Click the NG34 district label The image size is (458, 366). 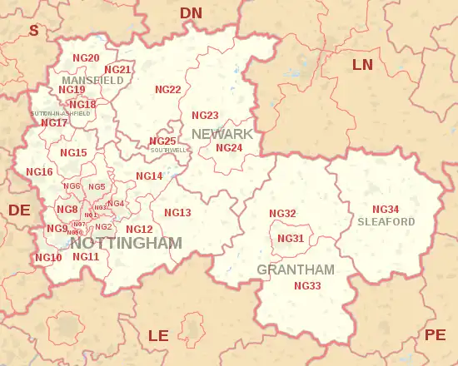pyautogui.click(x=386, y=209)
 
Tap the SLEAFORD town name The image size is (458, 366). pyautogui.click(x=386, y=222)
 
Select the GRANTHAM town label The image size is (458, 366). pyautogui.click(x=296, y=270)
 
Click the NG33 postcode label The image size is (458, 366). pyautogui.click(x=307, y=286)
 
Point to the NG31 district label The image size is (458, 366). pyautogui.click(x=291, y=239)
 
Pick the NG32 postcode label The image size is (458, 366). pyautogui.click(x=282, y=214)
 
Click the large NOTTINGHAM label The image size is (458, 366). pyautogui.click(x=126, y=243)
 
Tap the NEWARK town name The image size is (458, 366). pyautogui.click(x=222, y=134)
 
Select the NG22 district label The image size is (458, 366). pyautogui.click(x=168, y=90)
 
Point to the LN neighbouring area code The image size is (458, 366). pyautogui.click(x=363, y=65)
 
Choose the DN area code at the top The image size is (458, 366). pyautogui.click(x=192, y=12)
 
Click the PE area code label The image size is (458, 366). pyautogui.click(x=435, y=335)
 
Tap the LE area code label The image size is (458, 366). pyautogui.click(x=158, y=335)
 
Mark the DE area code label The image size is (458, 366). pyautogui.click(x=19, y=210)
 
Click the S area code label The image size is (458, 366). pyautogui.click(x=34, y=31)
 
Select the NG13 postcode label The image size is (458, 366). pyautogui.click(x=177, y=213)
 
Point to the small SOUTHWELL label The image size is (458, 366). pyautogui.click(x=169, y=151)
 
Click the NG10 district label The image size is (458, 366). pyautogui.click(x=48, y=258)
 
